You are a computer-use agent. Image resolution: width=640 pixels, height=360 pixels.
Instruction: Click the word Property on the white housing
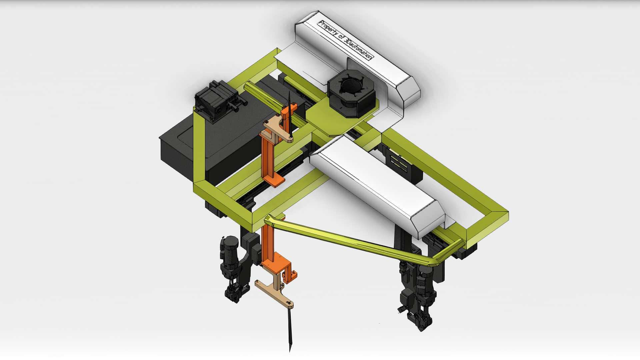pyautogui.click(x=328, y=29)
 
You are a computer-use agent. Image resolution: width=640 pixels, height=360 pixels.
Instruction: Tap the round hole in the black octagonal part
pyautogui.click(x=351, y=87)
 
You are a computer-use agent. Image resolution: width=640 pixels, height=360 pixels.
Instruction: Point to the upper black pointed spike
pyautogui.click(x=290, y=115)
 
